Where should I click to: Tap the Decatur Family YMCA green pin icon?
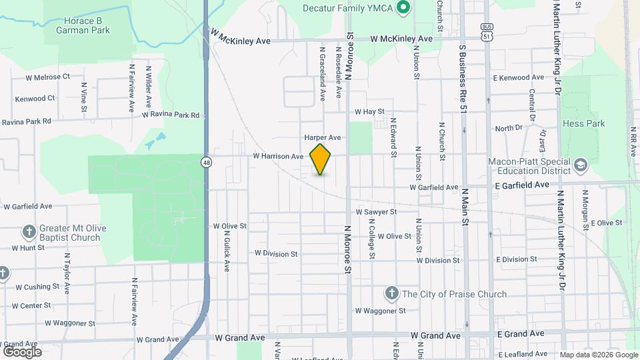point(403,8)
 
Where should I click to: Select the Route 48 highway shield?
point(208,162)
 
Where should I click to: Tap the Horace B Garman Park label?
point(83,21)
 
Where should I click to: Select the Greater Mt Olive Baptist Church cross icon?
point(29,231)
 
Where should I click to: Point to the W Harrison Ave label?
point(278,157)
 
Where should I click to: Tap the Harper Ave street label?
point(323,137)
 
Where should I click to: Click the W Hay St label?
point(370,112)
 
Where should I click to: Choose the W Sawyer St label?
point(376,211)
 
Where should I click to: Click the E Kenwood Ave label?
point(519,78)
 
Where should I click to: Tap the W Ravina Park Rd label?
point(171,115)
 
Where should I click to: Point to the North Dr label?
point(509,128)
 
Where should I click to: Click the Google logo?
point(22,351)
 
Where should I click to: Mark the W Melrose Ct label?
point(47,77)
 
